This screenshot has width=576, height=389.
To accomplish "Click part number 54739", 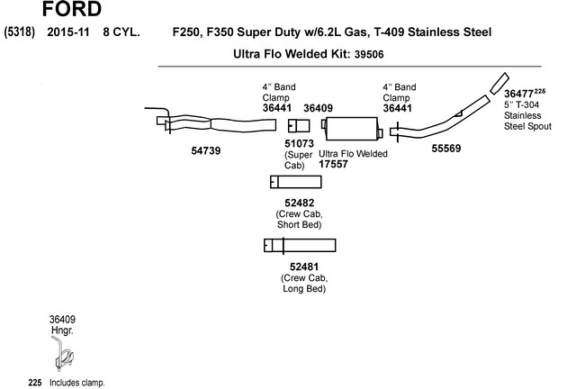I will coord(206,151).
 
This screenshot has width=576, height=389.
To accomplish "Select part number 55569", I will coord(446,148).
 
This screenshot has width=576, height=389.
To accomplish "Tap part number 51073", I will coord(300,143).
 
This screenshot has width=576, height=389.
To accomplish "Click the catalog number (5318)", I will coord(19,32).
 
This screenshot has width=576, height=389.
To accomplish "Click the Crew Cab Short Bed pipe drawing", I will coord(295,183).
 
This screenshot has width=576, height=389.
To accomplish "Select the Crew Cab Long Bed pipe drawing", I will coord(300,246).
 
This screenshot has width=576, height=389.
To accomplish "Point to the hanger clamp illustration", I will coord(62,356).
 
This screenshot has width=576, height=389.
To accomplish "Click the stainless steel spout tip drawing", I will coord(498,83).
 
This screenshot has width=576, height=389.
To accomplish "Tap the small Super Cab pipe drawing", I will coord(298,124).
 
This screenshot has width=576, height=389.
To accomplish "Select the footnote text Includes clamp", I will coord(76,383).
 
